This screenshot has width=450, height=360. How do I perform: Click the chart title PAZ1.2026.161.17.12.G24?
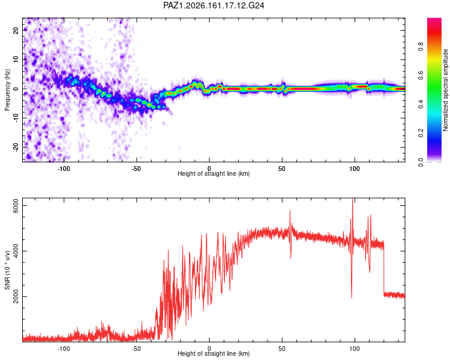click(x=214, y=5)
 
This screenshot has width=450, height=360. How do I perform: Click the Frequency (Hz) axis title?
click(x=7, y=90)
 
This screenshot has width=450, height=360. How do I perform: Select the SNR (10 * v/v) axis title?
click(x=7, y=270)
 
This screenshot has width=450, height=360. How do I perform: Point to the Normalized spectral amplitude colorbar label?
click(x=445, y=90)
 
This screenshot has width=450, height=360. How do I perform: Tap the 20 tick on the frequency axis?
click(x=16, y=30)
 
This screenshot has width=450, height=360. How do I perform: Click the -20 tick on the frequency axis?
click(x=16, y=147)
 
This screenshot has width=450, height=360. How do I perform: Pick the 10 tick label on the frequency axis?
click(x=16, y=59)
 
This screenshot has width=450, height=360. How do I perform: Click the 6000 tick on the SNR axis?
click(x=16, y=206)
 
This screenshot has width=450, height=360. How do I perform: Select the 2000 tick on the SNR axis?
click(x=16, y=296)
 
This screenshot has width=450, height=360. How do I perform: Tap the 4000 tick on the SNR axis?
click(x=16, y=251)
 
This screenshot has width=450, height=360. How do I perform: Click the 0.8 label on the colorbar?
click(x=421, y=46)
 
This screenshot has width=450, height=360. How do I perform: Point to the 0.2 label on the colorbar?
click(x=421, y=133)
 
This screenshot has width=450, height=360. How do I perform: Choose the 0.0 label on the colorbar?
click(x=421, y=162)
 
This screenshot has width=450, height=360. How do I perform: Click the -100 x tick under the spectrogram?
click(x=64, y=169)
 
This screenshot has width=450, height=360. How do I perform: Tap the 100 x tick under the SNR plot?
click(x=355, y=349)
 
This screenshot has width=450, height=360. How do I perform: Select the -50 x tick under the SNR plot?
click(x=136, y=349)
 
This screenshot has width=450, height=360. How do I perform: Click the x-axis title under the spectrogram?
click(x=214, y=173)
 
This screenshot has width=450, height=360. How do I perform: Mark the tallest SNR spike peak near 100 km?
click(x=352, y=199)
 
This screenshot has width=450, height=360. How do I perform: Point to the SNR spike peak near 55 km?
click(x=290, y=211)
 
